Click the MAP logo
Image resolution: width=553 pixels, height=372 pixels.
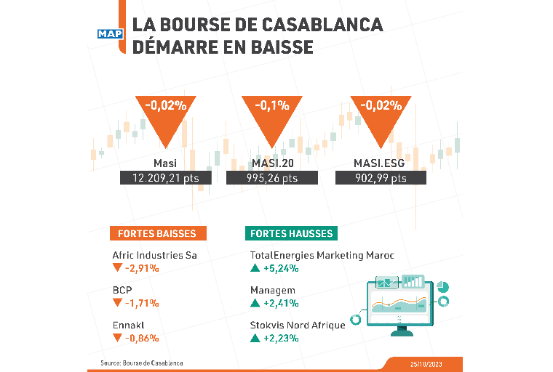[110, 33]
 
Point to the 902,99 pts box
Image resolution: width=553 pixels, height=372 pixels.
[381, 178]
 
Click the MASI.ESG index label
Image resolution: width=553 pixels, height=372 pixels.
[381, 163]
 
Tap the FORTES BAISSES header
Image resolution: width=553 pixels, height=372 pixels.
[158, 233]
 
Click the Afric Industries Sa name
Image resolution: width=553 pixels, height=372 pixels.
[155, 256]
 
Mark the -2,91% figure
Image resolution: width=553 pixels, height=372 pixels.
[142, 268]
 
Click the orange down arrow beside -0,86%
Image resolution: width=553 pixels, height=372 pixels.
[117, 338]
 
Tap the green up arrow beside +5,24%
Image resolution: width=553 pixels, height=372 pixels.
[255, 268]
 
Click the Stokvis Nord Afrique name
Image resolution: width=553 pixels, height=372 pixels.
[297, 325]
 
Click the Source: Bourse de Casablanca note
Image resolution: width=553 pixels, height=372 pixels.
[141, 362]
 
